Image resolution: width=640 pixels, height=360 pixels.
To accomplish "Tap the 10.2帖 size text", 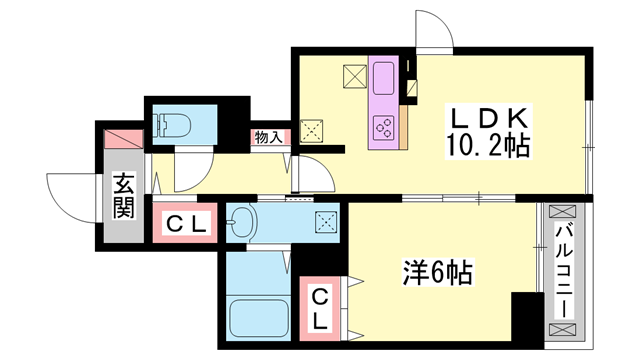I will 486,146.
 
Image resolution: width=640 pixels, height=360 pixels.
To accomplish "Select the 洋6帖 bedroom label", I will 438,270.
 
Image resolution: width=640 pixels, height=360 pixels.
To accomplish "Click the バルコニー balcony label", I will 563,267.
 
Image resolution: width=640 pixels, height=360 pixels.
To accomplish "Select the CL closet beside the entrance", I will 186,224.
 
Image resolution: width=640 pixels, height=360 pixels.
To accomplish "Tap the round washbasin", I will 243,223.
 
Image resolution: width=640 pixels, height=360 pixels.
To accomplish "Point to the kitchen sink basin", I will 384,76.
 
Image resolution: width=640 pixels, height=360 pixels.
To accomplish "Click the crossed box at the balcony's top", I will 563,213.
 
